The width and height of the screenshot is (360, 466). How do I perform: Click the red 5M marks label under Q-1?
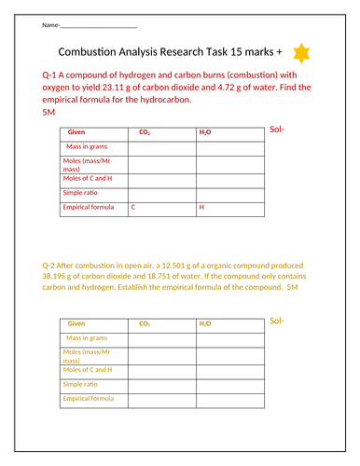pos(49,112)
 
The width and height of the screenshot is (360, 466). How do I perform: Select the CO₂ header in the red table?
pos(145,132)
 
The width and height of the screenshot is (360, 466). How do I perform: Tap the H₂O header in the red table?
pos(205,132)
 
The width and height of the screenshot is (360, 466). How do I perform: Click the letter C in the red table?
pos(132,207)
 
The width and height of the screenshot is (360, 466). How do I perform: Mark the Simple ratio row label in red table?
pos(81,191)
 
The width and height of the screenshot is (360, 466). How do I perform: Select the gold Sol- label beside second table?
pos(276,321)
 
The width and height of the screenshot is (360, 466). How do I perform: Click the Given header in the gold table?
pos(76,323)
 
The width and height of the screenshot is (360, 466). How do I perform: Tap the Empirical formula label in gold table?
pos(88,398)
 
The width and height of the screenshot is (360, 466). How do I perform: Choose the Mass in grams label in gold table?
pos(87,337)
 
